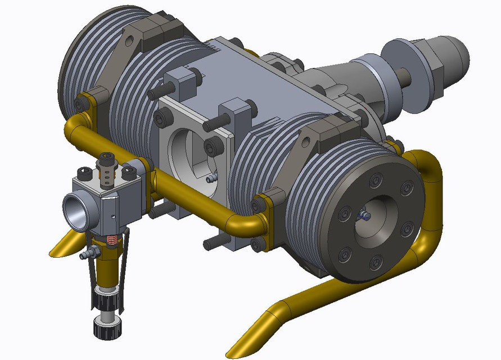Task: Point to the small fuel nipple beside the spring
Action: (86, 255)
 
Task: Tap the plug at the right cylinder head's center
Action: (365, 215)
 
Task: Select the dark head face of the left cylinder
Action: (66, 67)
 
